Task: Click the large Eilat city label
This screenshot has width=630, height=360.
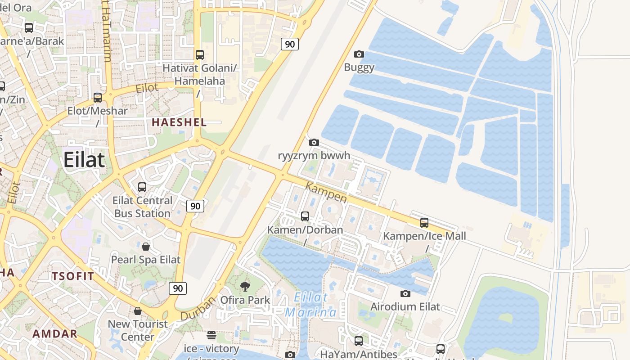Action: [84, 160]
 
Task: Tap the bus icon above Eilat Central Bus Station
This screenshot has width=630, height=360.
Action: [142, 187]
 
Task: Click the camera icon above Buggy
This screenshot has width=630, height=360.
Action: [359, 54]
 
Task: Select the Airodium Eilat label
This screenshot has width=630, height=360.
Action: [405, 307]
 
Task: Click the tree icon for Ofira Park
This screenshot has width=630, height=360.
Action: [245, 286]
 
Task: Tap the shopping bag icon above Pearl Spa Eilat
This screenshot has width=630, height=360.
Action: [146, 247]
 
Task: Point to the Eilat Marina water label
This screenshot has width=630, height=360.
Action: [311, 305]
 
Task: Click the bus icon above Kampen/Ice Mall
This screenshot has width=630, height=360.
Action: [424, 222]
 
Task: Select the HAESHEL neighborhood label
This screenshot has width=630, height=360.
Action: [179, 122]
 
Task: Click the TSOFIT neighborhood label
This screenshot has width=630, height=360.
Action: [73, 276]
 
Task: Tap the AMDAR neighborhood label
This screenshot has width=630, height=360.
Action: [55, 334]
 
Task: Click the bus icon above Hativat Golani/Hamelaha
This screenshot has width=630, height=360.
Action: [200, 55]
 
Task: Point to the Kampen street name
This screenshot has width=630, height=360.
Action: [326, 192]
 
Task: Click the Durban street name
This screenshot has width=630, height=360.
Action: [198, 309]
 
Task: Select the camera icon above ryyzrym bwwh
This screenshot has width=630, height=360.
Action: [314, 143]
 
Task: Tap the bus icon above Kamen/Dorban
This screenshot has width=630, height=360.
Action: [305, 216]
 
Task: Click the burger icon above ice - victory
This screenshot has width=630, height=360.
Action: [211, 335]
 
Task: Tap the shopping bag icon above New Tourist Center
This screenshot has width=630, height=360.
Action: [138, 311]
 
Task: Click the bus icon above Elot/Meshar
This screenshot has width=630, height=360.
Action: [98, 97]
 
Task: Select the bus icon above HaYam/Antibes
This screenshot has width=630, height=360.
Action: [358, 341]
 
